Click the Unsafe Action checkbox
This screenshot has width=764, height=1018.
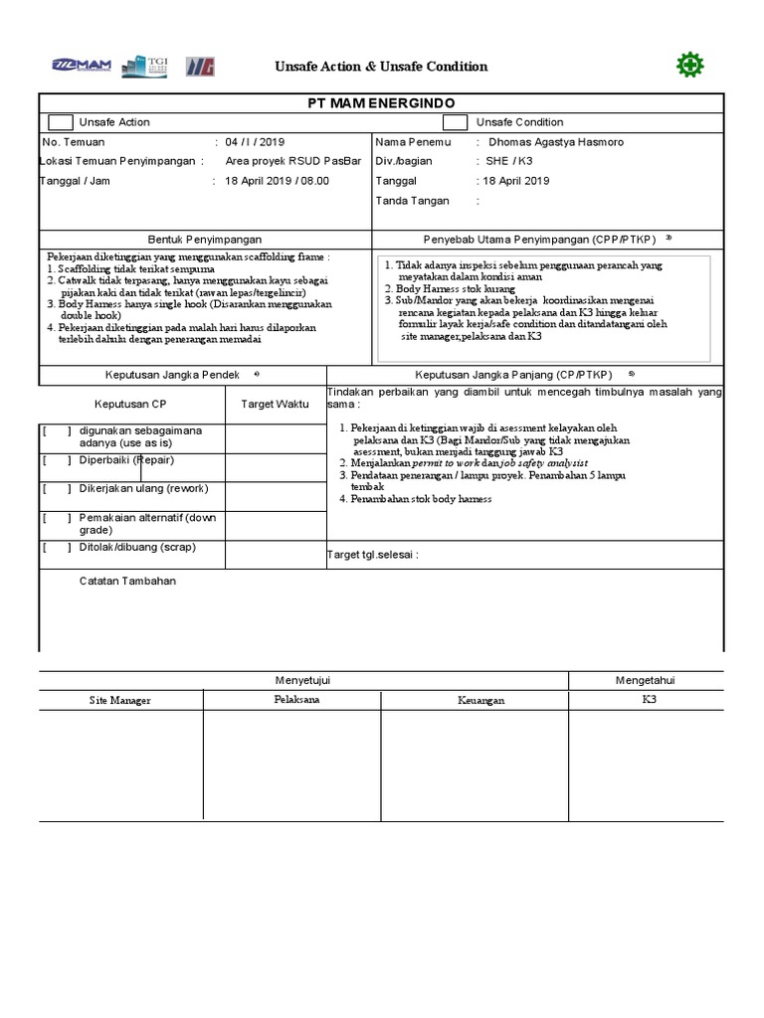(x=60, y=122)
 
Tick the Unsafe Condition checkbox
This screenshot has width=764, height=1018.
(x=455, y=122)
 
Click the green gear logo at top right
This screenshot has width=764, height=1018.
(x=689, y=66)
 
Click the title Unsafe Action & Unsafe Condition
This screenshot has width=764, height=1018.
(x=381, y=67)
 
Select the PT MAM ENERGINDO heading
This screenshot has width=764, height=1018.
(x=381, y=103)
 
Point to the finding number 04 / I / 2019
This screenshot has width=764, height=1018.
(x=255, y=142)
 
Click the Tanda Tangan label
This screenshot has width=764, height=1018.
(x=412, y=201)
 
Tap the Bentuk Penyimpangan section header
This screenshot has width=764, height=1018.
(x=205, y=240)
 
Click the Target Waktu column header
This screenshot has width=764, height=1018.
(x=275, y=405)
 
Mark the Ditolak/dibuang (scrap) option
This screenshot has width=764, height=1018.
(x=137, y=547)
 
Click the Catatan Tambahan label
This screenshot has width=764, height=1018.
(x=127, y=581)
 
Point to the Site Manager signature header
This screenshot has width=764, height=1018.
(x=120, y=701)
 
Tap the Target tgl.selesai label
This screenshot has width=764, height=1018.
(x=372, y=555)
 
